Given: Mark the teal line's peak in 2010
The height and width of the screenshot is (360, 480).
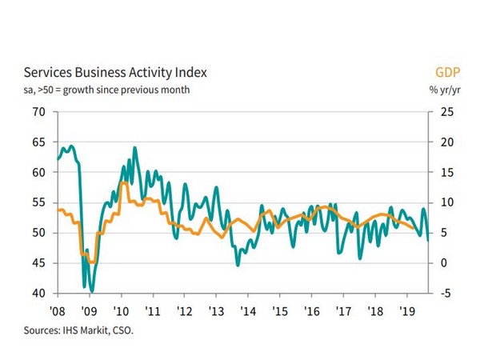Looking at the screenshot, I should click(x=134, y=147).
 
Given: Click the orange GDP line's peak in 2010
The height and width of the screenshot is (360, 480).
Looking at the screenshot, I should click(x=124, y=183).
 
